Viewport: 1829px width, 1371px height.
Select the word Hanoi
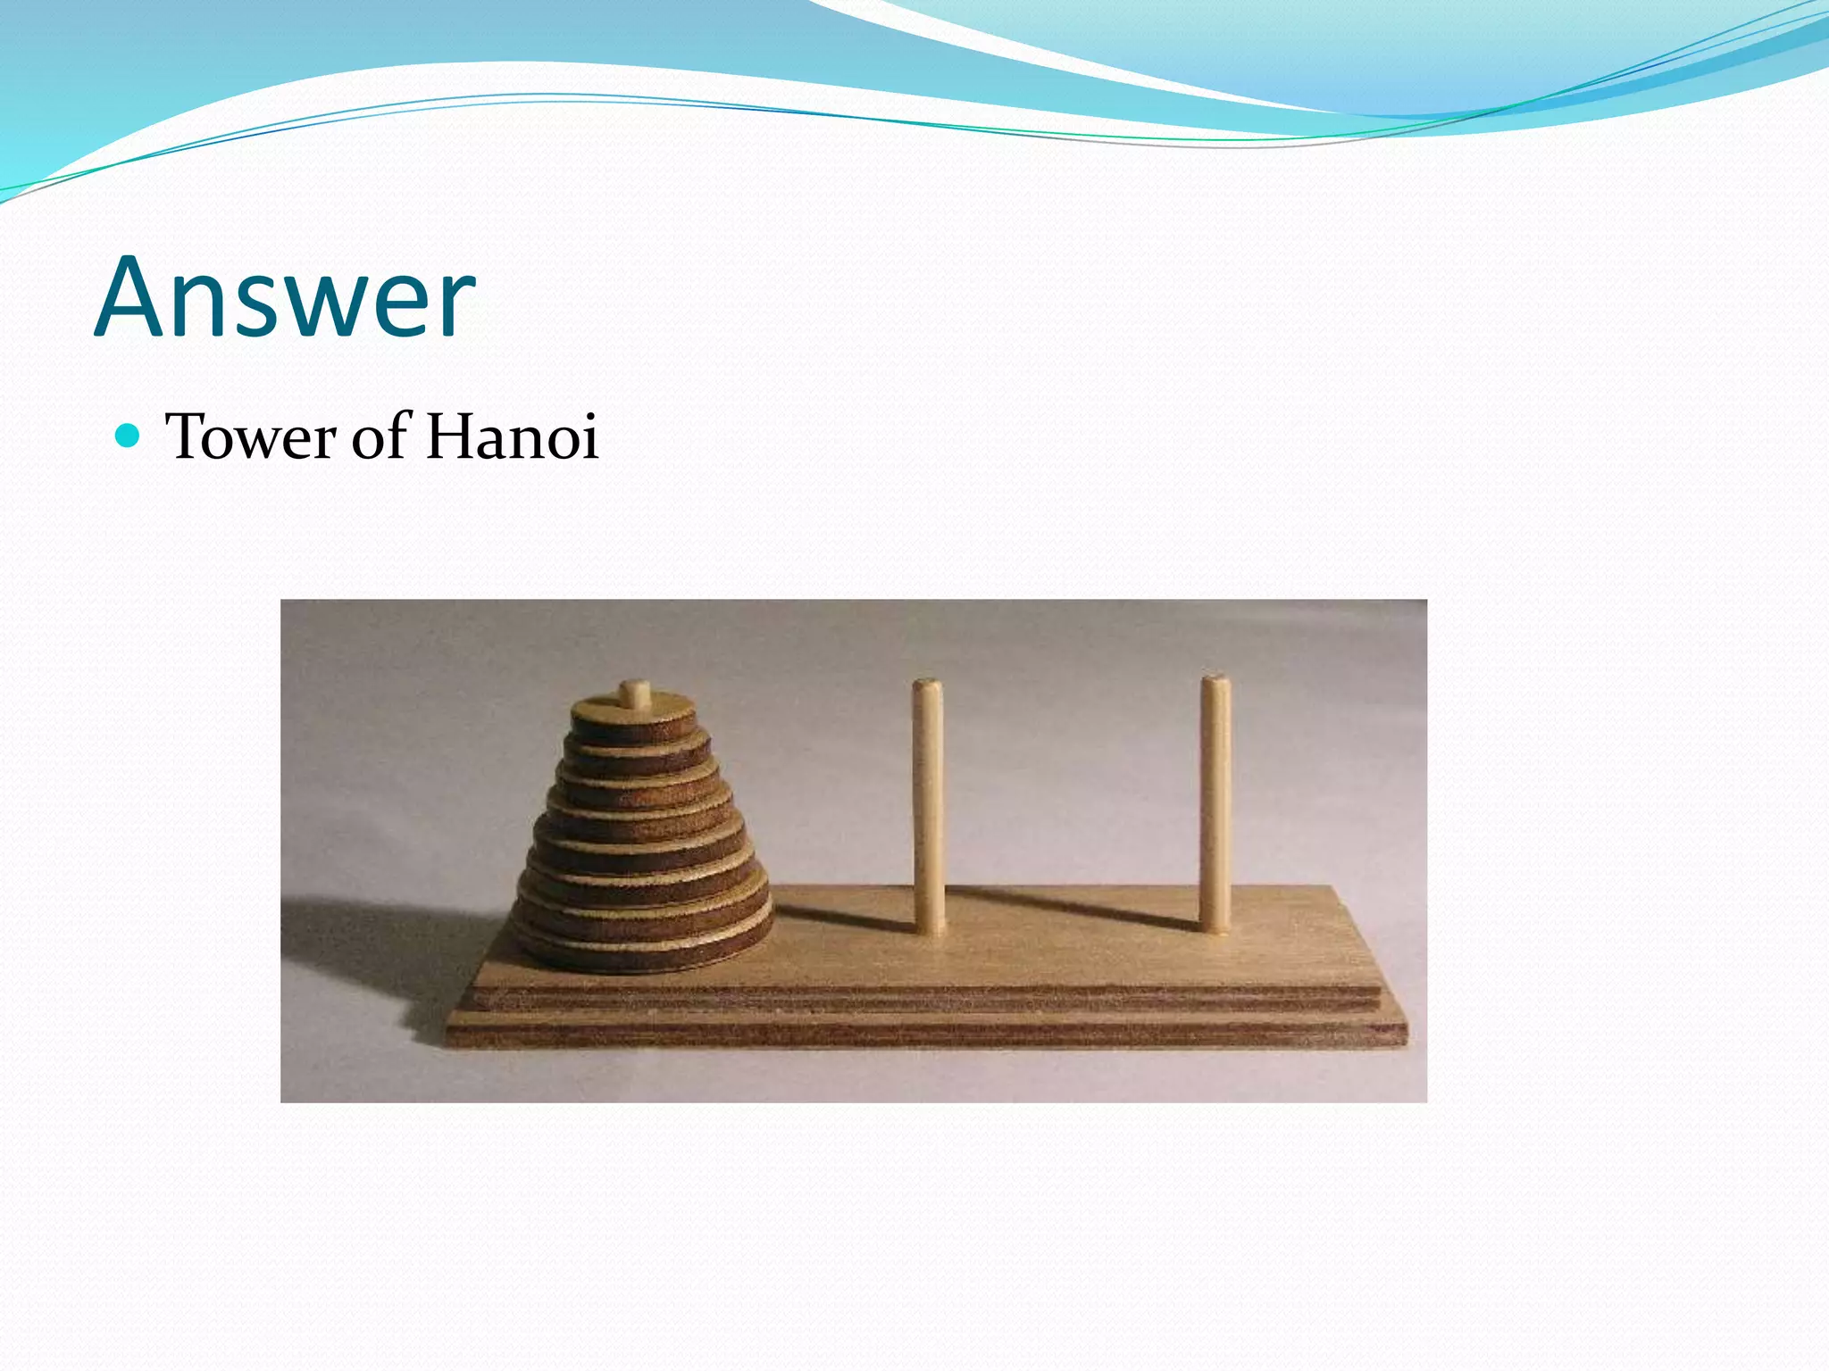coord(511,436)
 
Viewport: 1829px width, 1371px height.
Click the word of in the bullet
coord(380,436)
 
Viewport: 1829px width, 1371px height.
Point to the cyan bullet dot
coord(129,436)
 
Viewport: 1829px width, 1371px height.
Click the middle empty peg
coord(928,803)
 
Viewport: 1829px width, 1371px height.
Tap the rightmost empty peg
coord(1215,803)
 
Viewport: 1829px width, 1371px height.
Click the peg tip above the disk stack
coord(635,693)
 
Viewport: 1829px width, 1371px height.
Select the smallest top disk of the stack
coord(634,716)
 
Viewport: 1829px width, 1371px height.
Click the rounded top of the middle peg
coord(926,686)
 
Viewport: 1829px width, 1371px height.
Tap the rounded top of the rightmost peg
coord(1215,682)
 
